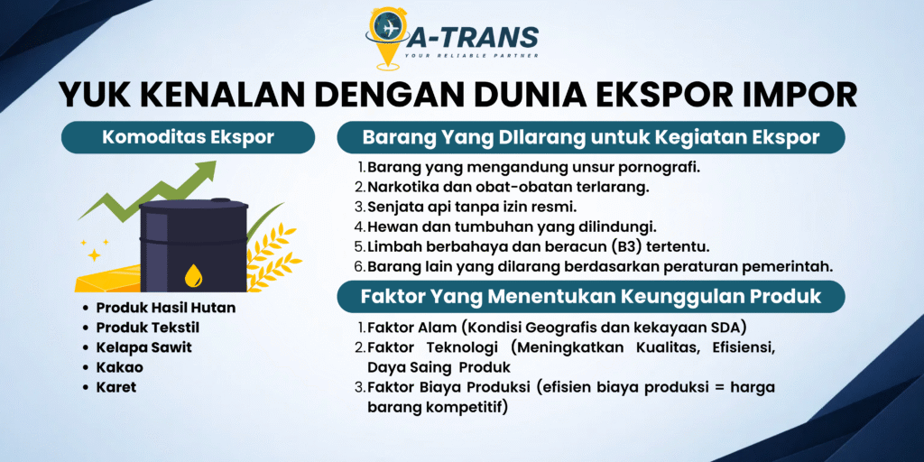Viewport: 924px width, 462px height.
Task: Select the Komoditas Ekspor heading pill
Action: click(x=188, y=137)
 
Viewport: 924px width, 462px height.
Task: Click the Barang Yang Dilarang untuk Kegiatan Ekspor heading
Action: click(x=591, y=137)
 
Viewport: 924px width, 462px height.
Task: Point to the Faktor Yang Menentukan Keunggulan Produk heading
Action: click(x=591, y=296)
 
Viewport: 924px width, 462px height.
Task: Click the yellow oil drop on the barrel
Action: click(x=193, y=275)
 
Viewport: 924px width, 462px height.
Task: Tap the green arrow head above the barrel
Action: click(x=203, y=172)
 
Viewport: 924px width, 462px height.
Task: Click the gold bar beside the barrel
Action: click(x=109, y=277)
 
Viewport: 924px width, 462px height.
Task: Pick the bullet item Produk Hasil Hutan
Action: click(x=166, y=308)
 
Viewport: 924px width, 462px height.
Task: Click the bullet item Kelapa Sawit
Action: click(x=143, y=347)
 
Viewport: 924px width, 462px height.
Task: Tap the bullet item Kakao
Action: click(x=120, y=367)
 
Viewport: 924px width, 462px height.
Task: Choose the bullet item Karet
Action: click(x=116, y=387)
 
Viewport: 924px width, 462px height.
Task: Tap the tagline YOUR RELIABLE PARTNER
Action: click(x=471, y=55)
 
